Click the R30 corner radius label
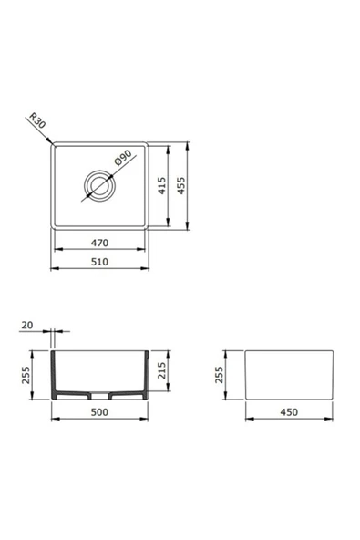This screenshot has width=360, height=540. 37,121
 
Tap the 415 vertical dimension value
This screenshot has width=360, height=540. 161,187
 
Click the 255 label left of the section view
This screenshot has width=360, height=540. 26,376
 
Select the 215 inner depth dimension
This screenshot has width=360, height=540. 162,372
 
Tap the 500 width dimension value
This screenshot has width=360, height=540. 99,413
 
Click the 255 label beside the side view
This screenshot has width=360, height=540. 220,376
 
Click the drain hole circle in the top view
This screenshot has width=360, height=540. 98,186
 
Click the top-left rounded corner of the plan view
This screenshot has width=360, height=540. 55,146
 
